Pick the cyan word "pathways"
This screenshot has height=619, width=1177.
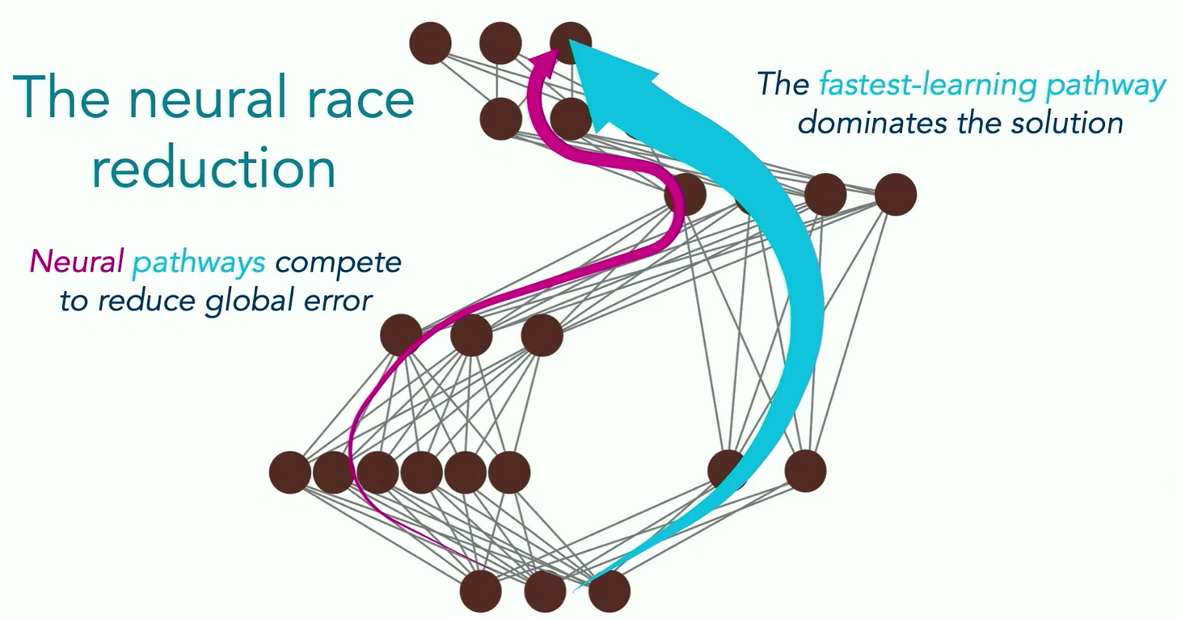(200, 263)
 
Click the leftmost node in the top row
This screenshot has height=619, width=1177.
(430, 43)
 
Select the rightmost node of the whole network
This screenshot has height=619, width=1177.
(895, 195)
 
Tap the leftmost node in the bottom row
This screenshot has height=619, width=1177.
(481, 592)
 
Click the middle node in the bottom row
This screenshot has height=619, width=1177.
(545, 592)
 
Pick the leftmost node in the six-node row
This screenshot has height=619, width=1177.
(289, 473)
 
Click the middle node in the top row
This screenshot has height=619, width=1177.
(500, 43)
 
